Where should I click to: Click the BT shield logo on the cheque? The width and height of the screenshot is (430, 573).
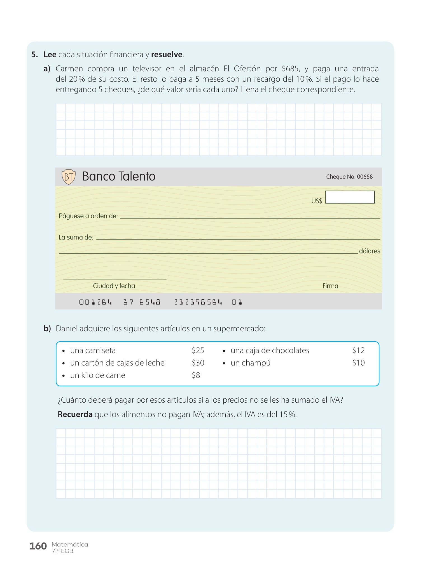coord(69,177)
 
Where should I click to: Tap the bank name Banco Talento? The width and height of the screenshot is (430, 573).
coord(119,177)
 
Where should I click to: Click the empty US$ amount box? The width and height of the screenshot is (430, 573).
coord(350,197)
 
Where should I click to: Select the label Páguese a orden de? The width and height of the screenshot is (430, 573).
coord(88,216)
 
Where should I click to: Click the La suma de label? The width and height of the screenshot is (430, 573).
coord(76,238)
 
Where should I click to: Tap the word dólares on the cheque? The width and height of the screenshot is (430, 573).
coord(370,251)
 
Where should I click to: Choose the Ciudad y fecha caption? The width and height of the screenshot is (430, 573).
coord(114,286)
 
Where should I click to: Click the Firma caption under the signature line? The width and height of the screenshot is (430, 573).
coord(330,286)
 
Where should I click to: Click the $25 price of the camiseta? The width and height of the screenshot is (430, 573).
coord(198,351)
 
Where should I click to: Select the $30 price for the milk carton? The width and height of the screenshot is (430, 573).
coord(198,363)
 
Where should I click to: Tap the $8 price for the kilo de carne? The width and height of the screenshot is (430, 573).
coord(196,375)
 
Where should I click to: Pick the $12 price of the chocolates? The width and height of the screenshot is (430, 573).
coord(358,351)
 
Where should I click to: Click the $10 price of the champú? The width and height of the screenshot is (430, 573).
coord(358,363)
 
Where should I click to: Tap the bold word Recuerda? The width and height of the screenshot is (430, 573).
coord(75,414)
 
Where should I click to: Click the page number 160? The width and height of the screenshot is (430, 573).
coord(38,546)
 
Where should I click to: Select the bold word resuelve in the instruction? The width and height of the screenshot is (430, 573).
coord(167,55)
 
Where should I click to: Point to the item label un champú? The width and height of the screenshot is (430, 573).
coord(251,363)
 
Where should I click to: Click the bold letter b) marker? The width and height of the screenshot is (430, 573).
coord(47,328)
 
